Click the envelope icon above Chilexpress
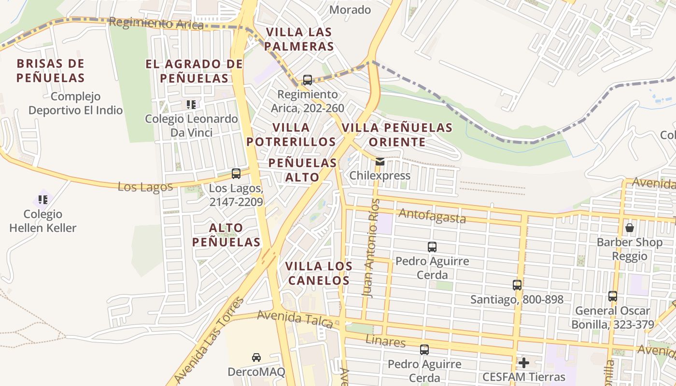[x=380, y=162]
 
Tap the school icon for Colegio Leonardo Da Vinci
[x=191, y=104]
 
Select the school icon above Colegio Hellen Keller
[x=43, y=199]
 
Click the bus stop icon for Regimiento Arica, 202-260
[x=308, y=80]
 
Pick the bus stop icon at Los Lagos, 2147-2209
[x=236, y=174]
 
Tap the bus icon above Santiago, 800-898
[x=517, y=285]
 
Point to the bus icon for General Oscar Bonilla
[x=613, y=296]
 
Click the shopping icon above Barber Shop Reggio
[x=630, y=228]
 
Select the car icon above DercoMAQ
[x=256, y=358]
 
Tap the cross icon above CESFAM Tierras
[x=524, y=362]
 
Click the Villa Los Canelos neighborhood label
[x=318, y=273]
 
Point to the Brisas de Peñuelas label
[x=50, y=70]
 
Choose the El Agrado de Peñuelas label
[x=194, y=70]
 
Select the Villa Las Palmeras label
[x=299, y=39]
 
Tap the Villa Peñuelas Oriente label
[x=397, y=135]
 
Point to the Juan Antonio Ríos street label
[x=370, y=248]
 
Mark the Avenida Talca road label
[x=295, y=319]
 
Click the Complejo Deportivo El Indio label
[x=75, y=103]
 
